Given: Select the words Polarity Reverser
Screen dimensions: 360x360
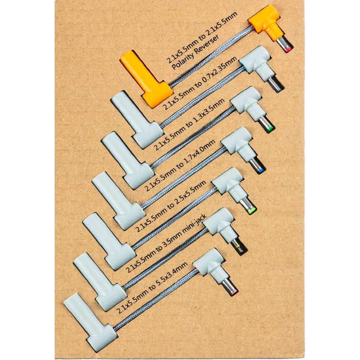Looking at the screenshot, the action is coord(196,52).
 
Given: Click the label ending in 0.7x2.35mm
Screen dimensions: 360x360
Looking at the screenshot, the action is coord(199,83).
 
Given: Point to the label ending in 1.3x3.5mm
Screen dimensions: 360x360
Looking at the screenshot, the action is coord(189,125).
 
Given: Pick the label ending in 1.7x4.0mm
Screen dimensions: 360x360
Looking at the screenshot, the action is coord(180,165).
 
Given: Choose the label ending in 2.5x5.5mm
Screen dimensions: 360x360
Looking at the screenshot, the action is coord(171,206).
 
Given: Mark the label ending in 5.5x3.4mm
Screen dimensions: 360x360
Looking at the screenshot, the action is coord(152,288).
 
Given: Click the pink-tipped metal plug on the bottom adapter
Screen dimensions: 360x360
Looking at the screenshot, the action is coord(230,287).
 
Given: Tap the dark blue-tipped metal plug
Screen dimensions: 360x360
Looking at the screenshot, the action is coord(258,166).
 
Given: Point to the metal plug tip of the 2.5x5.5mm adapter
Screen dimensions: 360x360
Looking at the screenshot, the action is coord(248,206).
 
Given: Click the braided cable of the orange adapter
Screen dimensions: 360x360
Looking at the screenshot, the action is coord(210,56).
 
